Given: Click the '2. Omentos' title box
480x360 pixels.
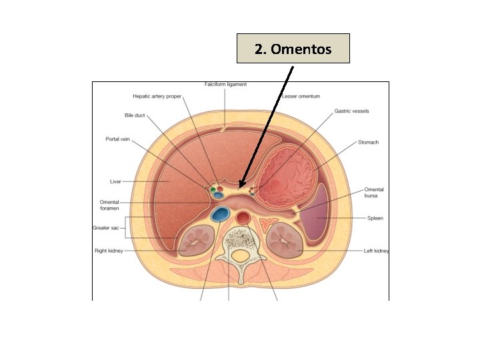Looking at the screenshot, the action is coord(293,49).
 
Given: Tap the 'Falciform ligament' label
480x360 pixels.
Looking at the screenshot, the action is coord(225,85).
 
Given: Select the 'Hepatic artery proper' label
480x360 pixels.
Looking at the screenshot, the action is coord(157,96).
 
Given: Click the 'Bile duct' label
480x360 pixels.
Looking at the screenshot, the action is coord(135,115).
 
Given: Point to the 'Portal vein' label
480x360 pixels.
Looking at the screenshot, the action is coord(118,139).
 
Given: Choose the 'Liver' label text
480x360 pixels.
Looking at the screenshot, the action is coord(115,181).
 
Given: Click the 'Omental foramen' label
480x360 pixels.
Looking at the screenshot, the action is coord(109,205).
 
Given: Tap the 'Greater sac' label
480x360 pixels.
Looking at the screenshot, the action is coord(105,228).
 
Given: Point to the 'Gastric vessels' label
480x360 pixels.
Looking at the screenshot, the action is coord(353,111).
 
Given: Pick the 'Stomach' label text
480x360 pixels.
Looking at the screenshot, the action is coord(368,142).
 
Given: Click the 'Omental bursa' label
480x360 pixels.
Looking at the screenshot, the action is coord(374,193).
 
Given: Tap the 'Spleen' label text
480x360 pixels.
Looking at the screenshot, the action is coord(375,218).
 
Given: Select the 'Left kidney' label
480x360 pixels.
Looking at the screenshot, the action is coord(376,251).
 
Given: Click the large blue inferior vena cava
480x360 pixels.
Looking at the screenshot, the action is coord(219,215).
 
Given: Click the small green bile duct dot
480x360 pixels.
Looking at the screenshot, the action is coord(213,190).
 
